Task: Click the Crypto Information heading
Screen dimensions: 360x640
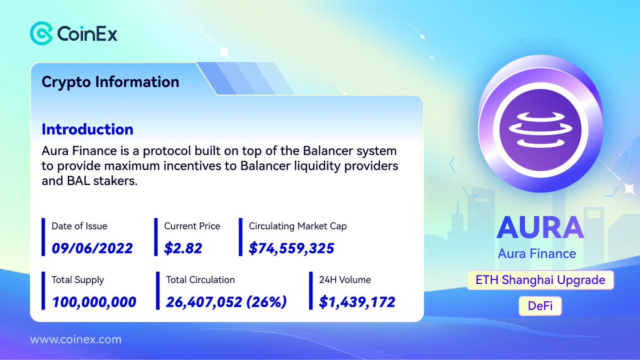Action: click(110, 82)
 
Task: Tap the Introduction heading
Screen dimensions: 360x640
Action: click(87, 130)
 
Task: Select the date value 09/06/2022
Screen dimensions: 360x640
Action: click(92, 247)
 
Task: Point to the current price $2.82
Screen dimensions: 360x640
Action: click(183, 247)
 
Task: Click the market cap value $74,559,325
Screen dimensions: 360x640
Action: click(292, 247)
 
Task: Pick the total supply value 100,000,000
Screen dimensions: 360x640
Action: click(94, 302)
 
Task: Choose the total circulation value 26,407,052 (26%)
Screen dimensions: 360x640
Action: click(226, 302)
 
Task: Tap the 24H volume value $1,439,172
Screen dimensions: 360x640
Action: click(357, 302)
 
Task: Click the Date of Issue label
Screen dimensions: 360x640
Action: click(79, 226)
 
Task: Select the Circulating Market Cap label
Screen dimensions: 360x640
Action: click(298, 226)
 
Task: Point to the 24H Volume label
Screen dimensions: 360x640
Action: click(345, 279)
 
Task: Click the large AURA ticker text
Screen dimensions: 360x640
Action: click(540, 228)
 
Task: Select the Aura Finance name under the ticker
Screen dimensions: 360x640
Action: click(537, 253)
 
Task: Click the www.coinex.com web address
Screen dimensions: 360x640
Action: click(76, 339)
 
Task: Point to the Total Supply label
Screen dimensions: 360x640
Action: click(78, 279)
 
